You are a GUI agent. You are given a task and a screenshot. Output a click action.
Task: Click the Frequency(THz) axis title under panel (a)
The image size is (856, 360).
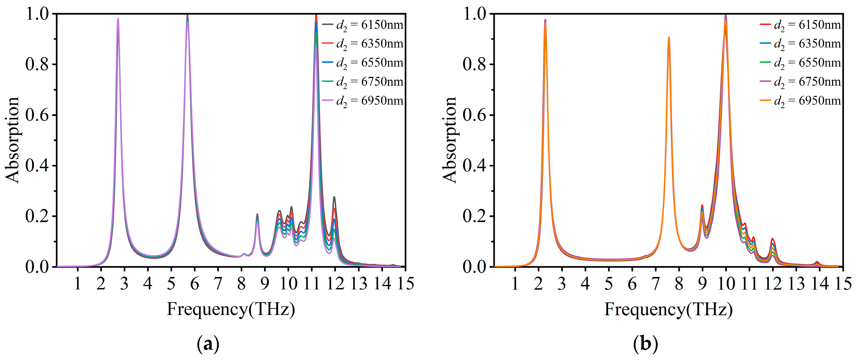click(x=231, y=309)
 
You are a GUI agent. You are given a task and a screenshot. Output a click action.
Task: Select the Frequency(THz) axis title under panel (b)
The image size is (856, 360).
click(x=668, y=309)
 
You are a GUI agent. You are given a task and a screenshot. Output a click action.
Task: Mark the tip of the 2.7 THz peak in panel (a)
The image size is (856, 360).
click(x=118, y=19)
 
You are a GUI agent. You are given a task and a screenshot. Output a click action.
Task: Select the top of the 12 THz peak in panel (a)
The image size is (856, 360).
click(x=334, y=197)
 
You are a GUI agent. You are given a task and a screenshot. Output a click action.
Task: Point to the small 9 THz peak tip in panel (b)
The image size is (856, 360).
click(x=702, y=205)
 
